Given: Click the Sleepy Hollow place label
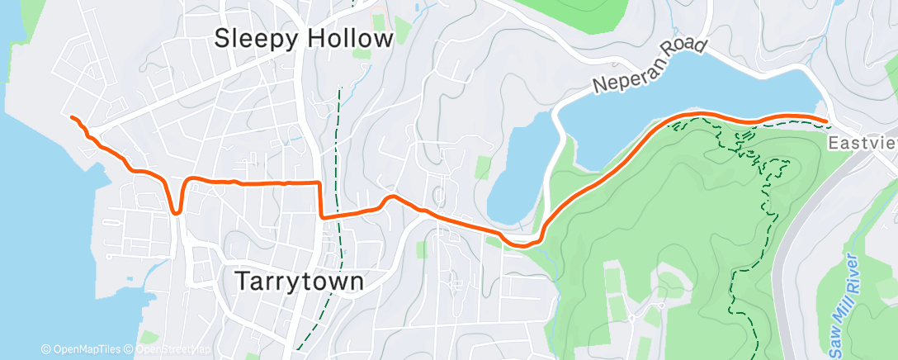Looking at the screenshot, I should click(304, 39).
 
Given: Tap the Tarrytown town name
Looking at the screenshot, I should click(300, 282).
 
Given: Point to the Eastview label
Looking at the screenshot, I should click(863, 143).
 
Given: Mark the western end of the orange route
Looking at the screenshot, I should click(71, 118).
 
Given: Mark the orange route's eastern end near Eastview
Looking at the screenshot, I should click(826, 121).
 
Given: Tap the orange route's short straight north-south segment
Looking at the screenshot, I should click(319, 199).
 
